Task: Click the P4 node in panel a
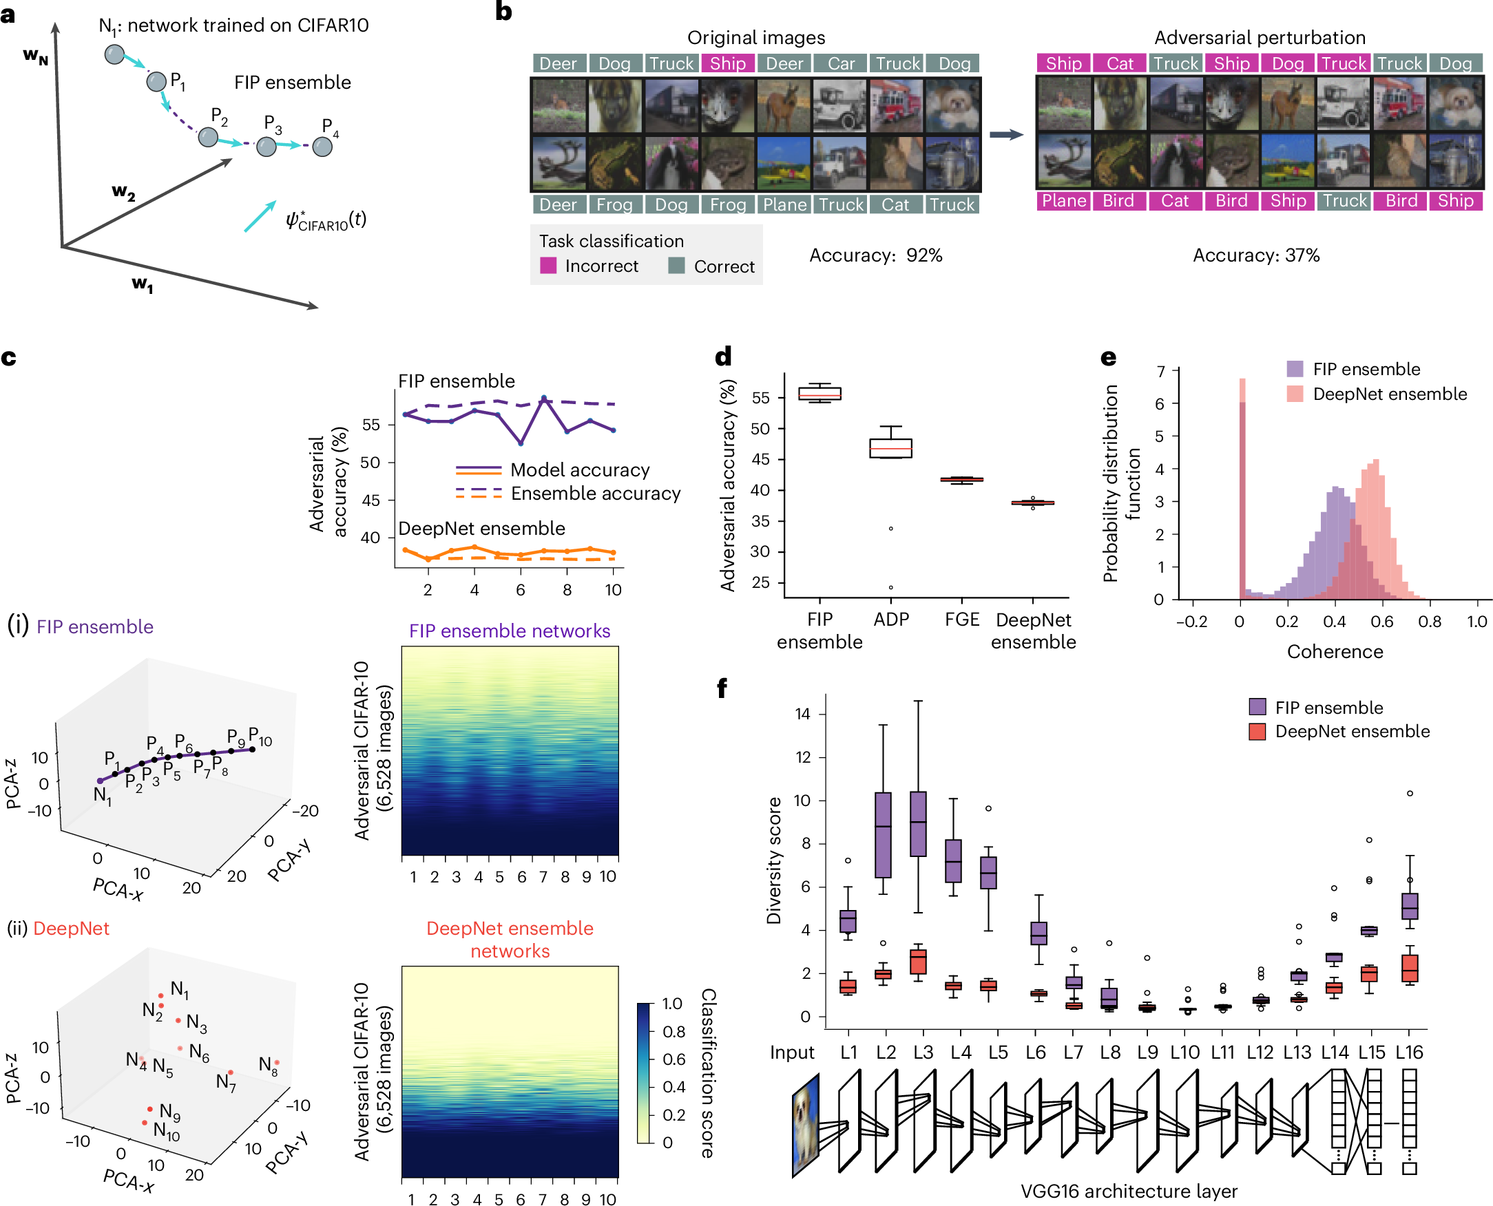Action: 322,147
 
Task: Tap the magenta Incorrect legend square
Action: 547,266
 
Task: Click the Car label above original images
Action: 840,64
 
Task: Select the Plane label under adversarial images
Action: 1063,201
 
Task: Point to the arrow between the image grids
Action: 1005,135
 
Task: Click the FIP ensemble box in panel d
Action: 819,393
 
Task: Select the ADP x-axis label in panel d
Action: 890,619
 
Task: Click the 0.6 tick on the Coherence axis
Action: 1381,622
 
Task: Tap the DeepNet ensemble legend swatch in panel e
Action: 1294,394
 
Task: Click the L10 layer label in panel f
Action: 1184,1052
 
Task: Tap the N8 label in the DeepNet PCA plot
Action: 268,1065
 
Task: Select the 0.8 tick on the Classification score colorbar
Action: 673,1032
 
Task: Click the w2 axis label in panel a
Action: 123,192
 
